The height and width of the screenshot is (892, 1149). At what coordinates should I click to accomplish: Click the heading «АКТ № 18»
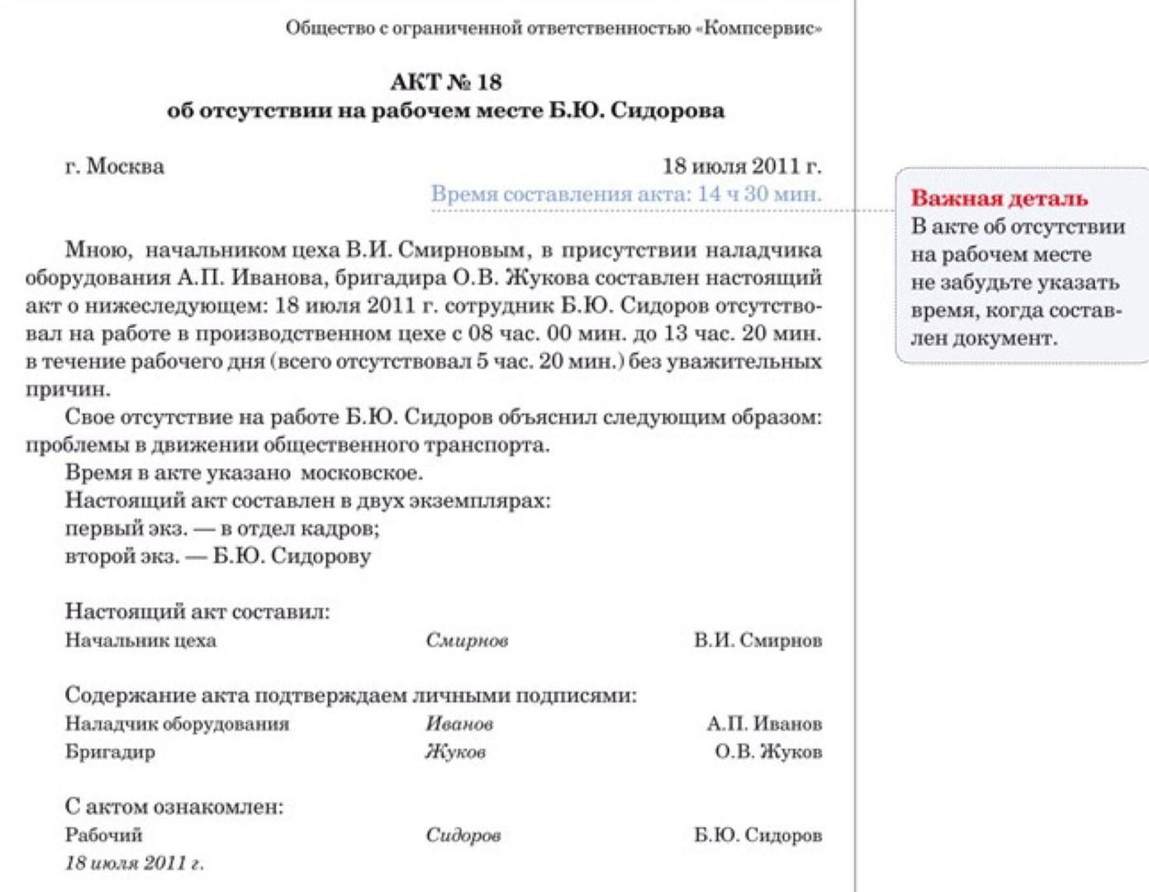pos(445,82)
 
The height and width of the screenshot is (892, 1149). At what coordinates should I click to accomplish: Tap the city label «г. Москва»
pos(114,166)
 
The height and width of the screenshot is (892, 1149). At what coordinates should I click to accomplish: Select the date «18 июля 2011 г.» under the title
pos(742,166)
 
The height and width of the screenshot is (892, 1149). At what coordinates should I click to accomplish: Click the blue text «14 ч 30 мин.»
pos(759,194)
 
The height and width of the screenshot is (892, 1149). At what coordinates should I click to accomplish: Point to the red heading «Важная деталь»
pos(999,198)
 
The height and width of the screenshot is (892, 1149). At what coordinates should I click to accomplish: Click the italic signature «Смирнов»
pos(467,640)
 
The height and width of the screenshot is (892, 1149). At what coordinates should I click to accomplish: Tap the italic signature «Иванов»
pos(459,724)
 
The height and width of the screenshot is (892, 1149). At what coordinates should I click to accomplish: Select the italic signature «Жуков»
pos(455,752)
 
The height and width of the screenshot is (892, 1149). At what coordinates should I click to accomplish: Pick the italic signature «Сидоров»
pos(463,835)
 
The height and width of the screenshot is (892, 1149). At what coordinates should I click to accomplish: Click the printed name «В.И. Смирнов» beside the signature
pos(757,640)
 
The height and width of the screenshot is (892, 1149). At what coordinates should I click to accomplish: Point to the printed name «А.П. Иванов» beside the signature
pos(764,724)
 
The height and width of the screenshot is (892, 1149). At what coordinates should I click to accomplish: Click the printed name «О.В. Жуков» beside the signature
pos(768,752)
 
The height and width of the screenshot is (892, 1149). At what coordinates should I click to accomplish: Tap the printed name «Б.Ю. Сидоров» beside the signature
pos(757,835)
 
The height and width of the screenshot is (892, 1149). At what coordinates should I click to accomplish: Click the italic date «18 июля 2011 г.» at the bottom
pos(134,863)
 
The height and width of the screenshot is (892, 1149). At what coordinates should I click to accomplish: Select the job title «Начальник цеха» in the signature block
pos(140,640)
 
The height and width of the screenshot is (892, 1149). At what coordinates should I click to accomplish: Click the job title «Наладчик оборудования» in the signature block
pos(177,724)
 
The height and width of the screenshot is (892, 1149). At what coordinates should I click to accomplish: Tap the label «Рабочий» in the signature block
pos(103,835)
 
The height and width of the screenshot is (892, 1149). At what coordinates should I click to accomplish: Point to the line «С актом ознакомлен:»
pos(173,807)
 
